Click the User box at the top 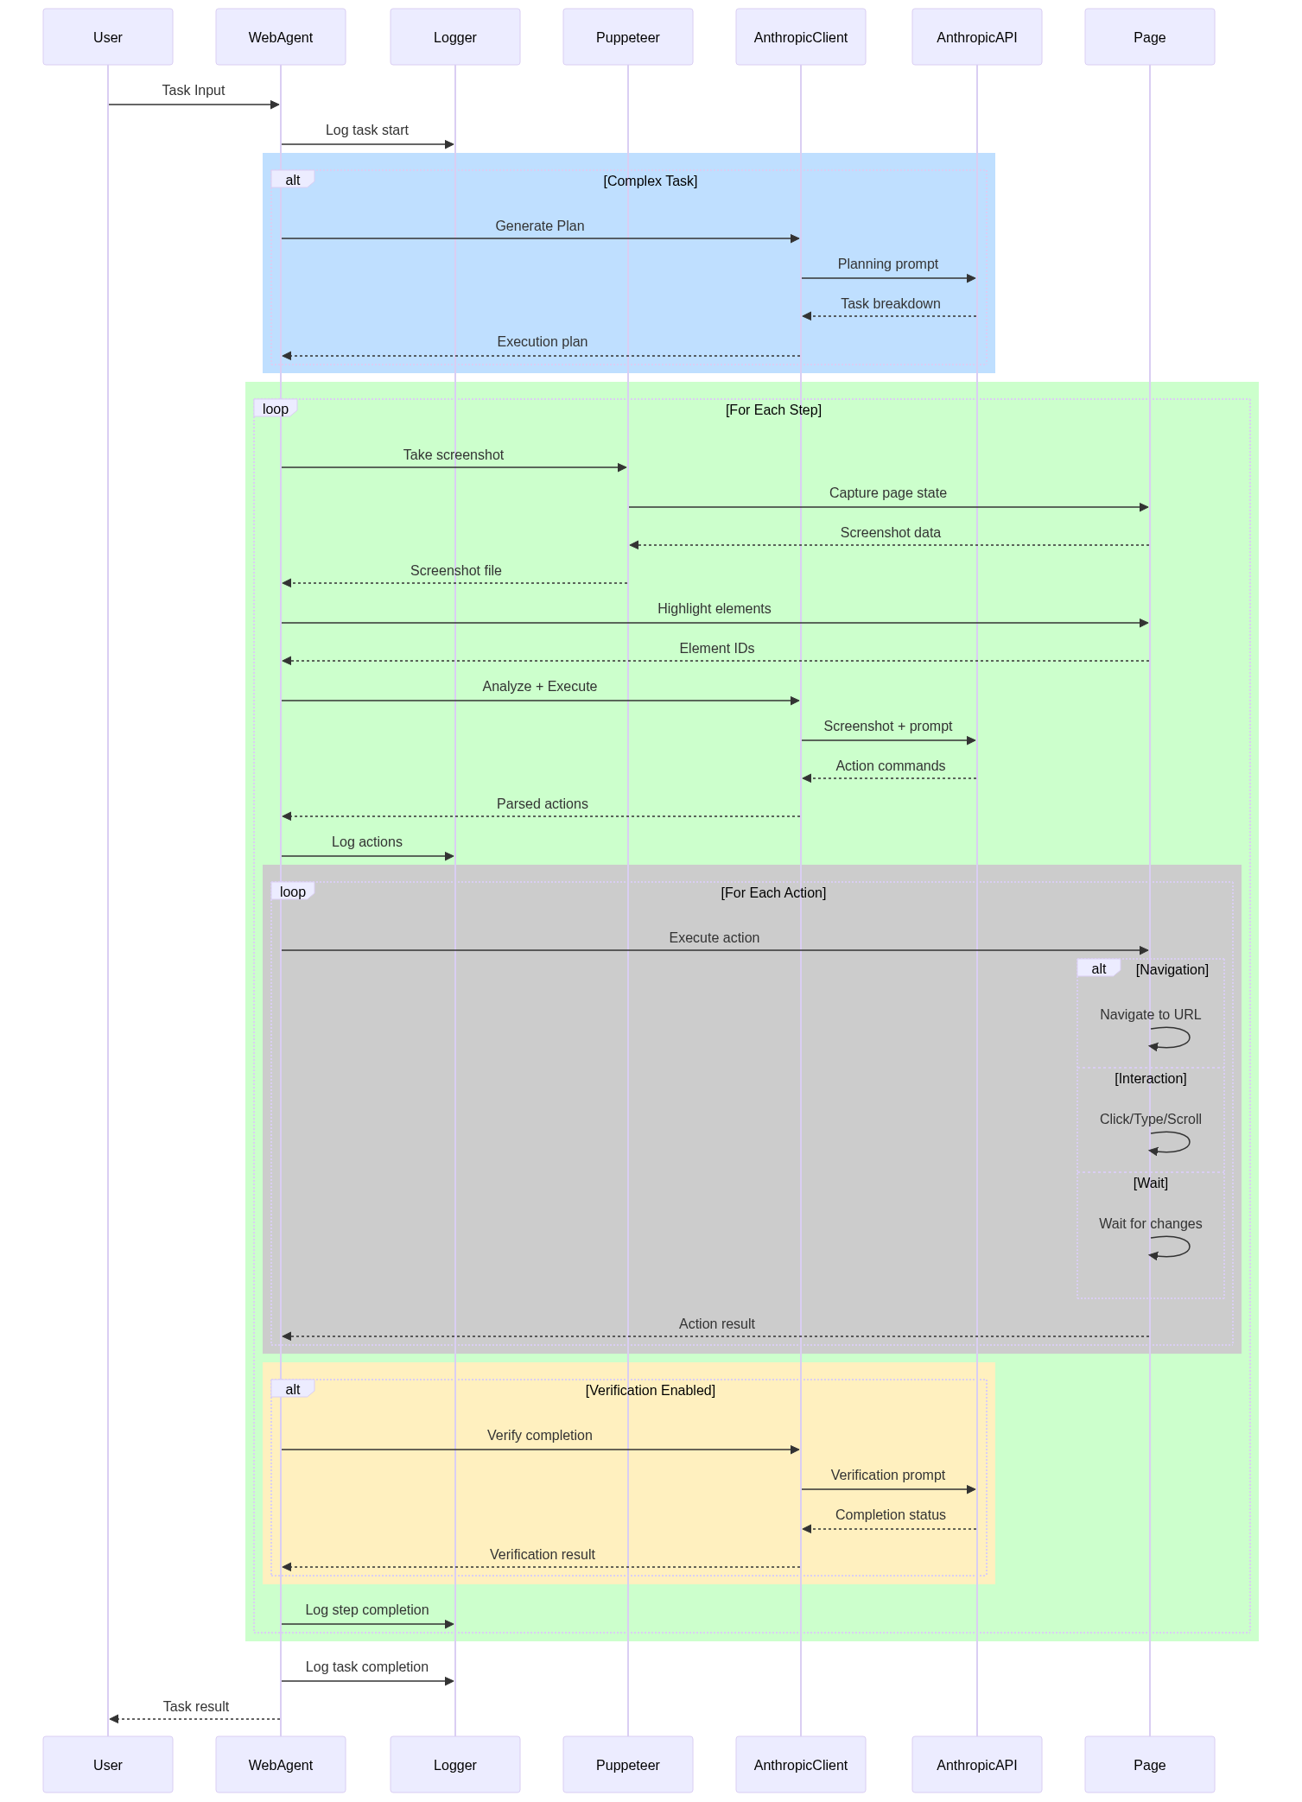point(108,37)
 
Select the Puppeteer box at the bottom point(628,1765)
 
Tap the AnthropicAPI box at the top point(977,37)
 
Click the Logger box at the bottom point(455,1765)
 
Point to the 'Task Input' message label point(194,91)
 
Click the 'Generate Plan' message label point(540,226)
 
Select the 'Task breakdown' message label point(891,304)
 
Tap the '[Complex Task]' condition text point(651,181)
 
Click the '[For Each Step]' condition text point(773,410)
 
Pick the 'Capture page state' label point(888,493)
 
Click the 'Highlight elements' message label point(715,609)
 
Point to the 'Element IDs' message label point(717,649)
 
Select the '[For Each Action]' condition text point(773,893)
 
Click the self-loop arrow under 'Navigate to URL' point(1190,1037)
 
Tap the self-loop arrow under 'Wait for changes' point(1190,1247)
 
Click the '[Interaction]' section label point(1151,1079)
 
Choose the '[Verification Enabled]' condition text point(651,1391)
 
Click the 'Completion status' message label point(891,1515)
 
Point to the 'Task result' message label point(196,1707)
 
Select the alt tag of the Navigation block point(1099,968)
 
